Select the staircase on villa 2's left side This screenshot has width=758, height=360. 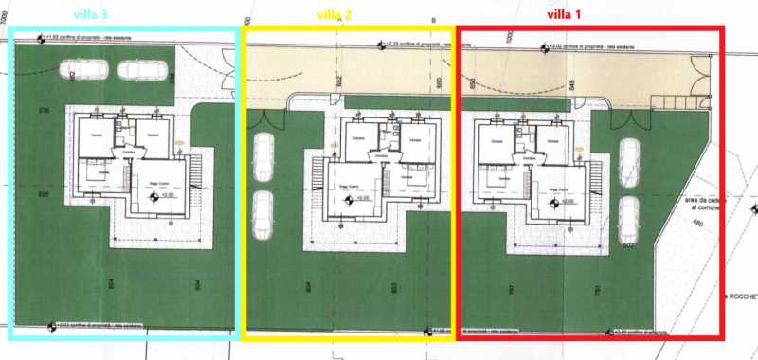pos(317,173)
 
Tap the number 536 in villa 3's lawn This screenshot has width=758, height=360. pos(44,111)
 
